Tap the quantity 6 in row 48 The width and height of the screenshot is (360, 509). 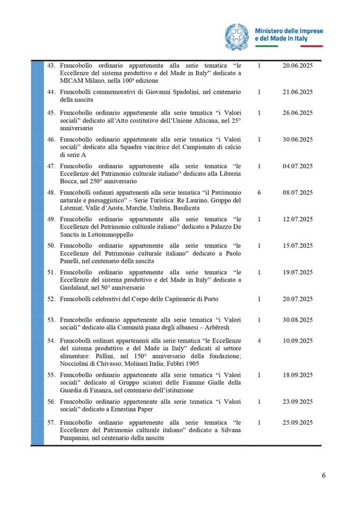[260, 193]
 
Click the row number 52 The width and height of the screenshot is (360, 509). [51, 299]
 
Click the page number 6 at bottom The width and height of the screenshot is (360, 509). [323, 475]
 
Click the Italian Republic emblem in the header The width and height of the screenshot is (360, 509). [237, 35]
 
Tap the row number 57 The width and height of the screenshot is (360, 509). [51, 422]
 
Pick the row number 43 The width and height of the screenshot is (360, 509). [51, 66]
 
